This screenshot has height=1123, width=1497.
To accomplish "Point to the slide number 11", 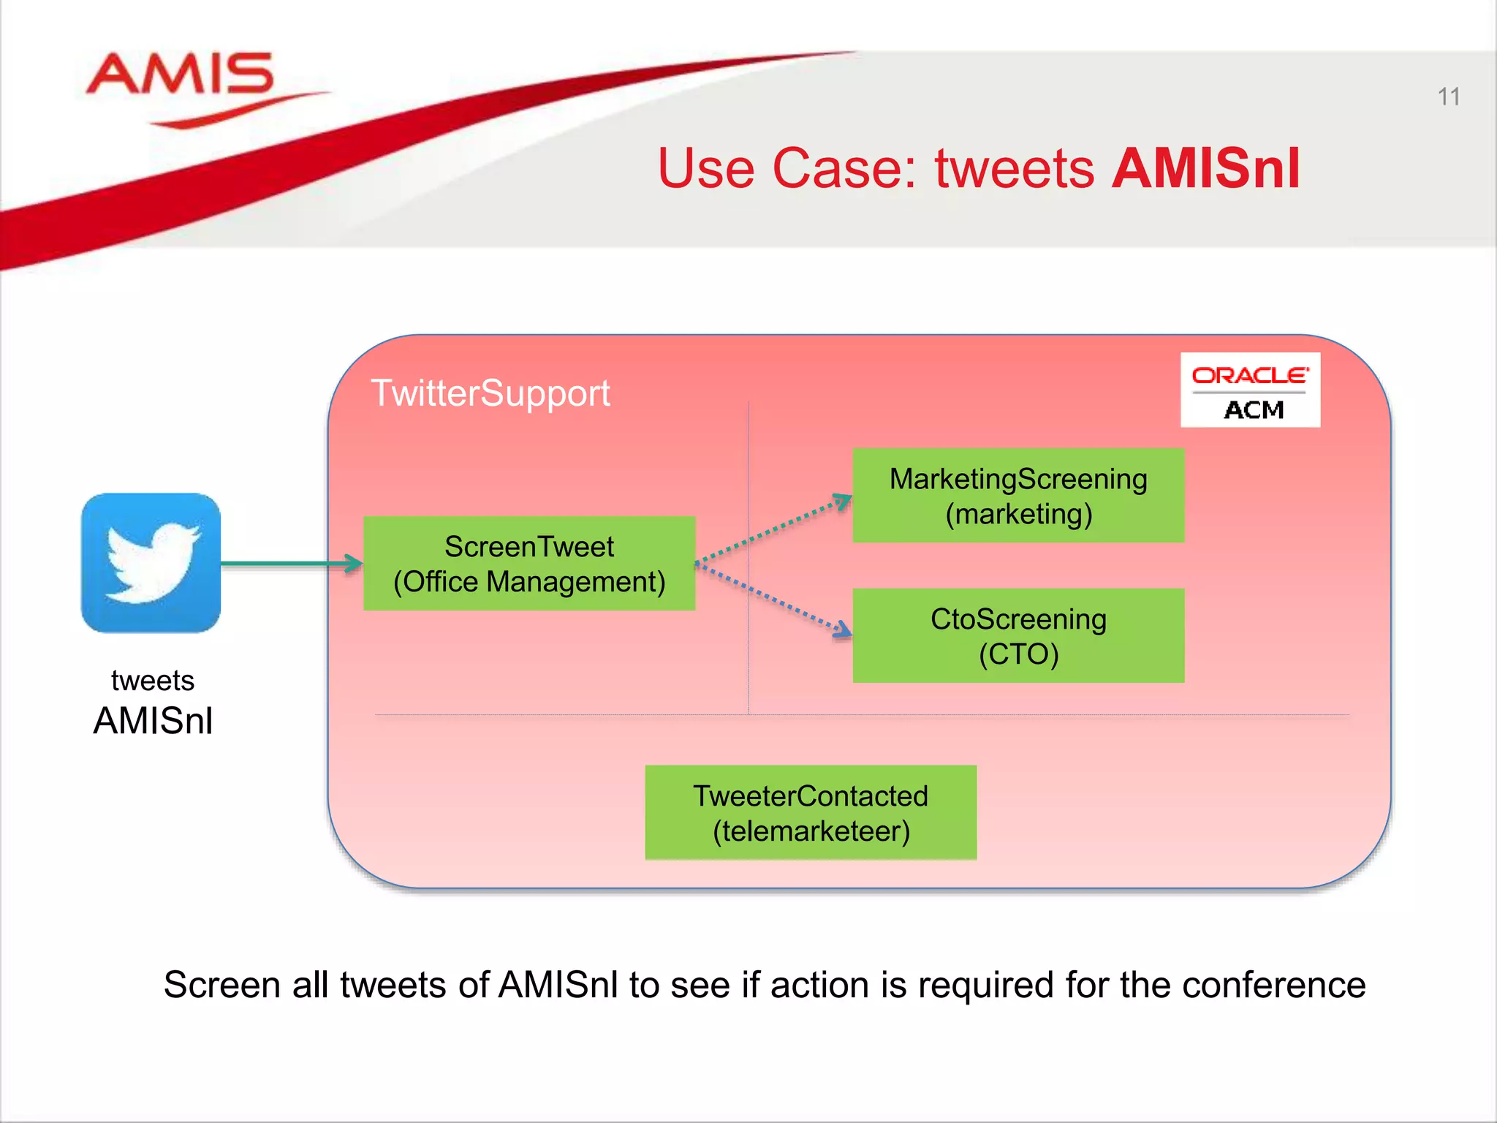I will pos(1448,97).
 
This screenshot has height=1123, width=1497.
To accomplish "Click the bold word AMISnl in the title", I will pos(1205,169).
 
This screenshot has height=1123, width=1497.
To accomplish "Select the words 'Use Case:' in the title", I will pos(787,169).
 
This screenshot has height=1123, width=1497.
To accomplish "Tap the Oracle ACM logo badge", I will pos(1250,390).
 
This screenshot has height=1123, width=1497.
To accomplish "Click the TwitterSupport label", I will pos(490,393).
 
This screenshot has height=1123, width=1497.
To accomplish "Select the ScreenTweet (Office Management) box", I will pos(529,564).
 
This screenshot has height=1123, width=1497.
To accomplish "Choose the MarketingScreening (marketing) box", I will pos(1018,496).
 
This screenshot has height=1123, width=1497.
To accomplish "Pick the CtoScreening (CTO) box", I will pos(1018,636).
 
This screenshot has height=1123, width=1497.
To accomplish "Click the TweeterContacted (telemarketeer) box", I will pos(811,812).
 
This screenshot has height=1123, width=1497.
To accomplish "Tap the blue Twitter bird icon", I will pos(151,563).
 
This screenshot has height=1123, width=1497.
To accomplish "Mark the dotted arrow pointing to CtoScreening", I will pos(775,598).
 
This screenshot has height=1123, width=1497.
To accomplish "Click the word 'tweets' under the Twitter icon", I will pos(153,681).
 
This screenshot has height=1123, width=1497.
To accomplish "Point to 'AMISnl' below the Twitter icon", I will pos(153,721).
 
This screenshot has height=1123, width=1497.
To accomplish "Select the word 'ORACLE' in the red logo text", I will pos(1249,376).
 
